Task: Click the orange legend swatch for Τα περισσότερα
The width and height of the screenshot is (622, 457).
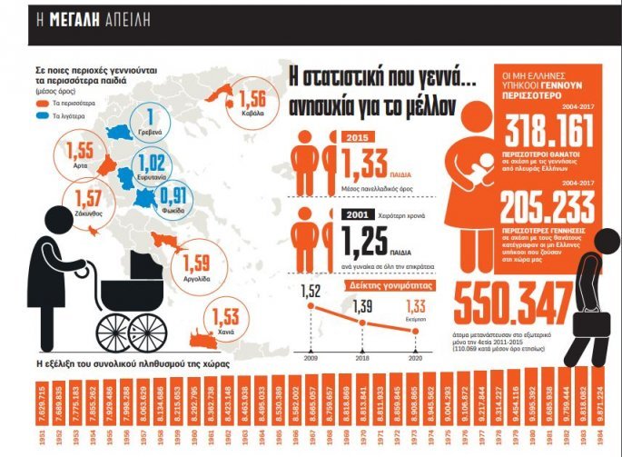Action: (42, 104)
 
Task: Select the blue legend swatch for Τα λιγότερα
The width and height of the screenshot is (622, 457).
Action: (42, 116)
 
